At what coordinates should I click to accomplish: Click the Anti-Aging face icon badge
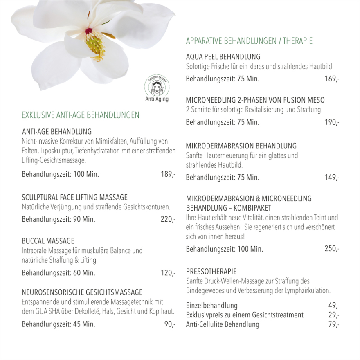[157, 86]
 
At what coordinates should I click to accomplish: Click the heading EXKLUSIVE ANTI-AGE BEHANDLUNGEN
[80, 115]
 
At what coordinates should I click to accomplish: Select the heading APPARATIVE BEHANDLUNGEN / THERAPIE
[249, 41]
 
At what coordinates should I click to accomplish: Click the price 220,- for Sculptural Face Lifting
[168, 219]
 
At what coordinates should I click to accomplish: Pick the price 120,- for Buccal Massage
[168, 273]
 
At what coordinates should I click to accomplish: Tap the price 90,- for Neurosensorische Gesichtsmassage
[170, 325]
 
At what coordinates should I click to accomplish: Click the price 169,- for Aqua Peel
[332, 79]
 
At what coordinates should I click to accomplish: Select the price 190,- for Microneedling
[332, 122]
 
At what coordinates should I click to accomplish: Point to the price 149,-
[332, 178]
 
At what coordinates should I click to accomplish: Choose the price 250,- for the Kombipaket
[332, 249]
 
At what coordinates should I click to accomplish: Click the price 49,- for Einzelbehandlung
[334, 306]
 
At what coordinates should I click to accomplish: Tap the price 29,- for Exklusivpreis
[334, 315]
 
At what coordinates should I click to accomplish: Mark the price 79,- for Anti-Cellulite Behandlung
[334, 325]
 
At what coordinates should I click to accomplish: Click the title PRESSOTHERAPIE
[211, 271]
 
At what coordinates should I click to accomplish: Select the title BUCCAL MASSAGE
[48, 241]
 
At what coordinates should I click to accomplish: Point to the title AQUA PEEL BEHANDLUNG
[223, 57]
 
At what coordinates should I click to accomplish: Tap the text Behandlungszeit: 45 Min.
[58, 325]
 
